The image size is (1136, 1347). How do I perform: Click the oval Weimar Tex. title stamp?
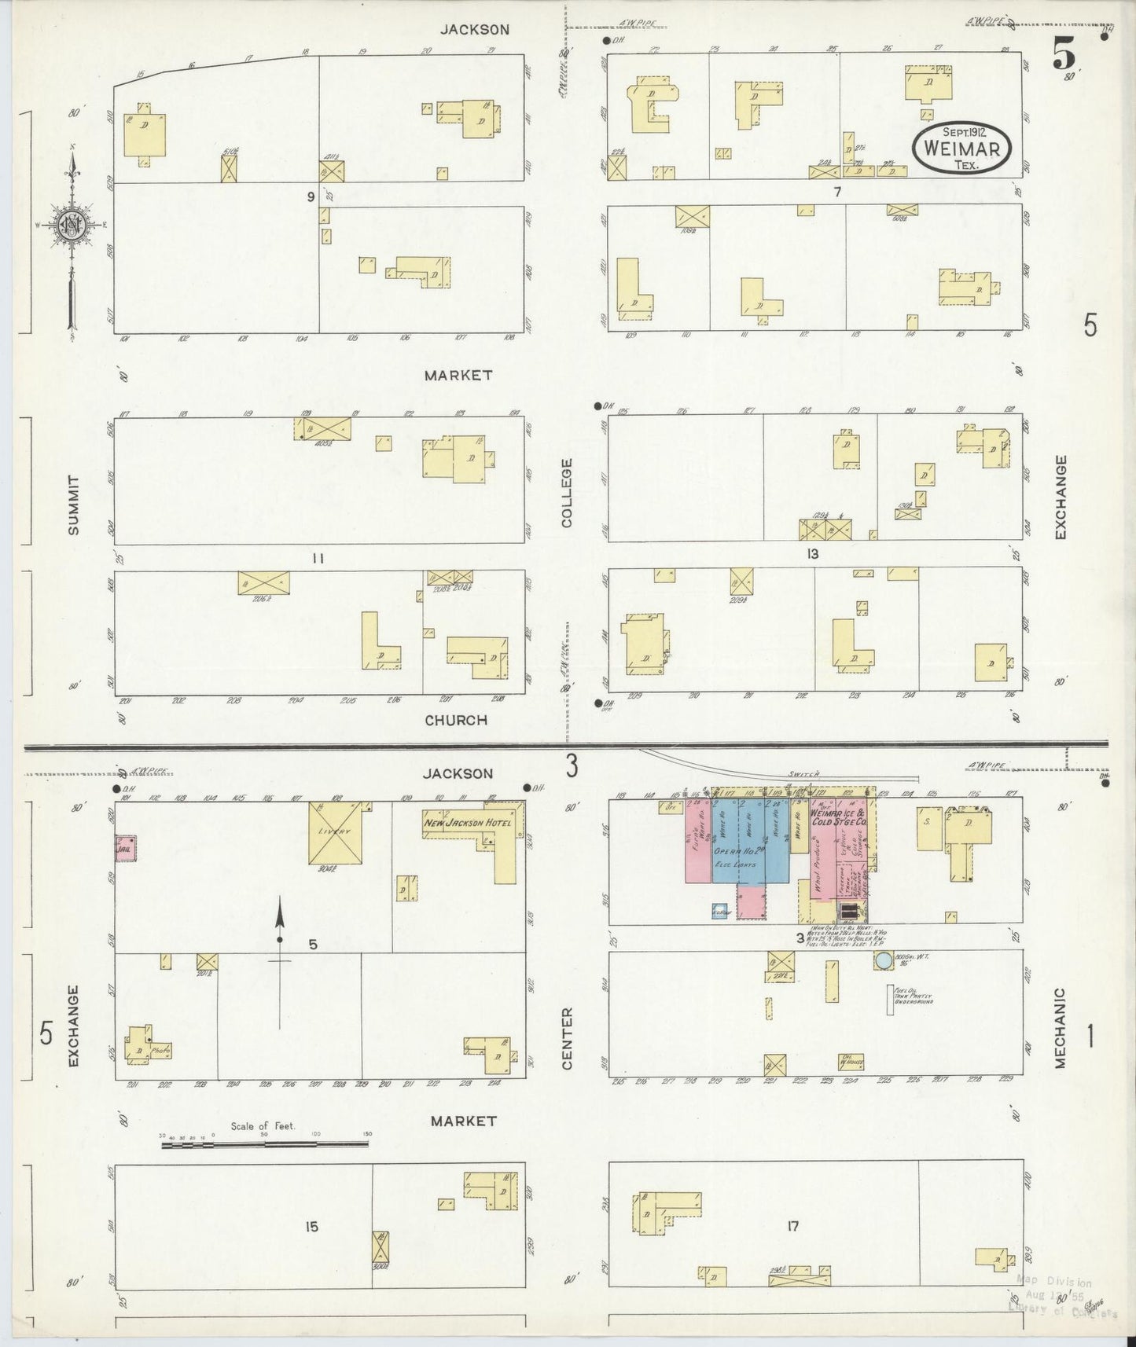point(961,148)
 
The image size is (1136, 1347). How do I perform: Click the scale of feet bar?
point(264,1145)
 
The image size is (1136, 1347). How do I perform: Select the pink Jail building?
point(125,849)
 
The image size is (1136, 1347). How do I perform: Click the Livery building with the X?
point(340,832)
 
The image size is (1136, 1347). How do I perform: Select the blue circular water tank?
point(883,960)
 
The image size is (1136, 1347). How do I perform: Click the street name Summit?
point(74,505)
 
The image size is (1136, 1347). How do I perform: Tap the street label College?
point(568,493)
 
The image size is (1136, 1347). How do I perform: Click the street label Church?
point(456,720)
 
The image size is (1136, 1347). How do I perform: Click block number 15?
point(311,1226)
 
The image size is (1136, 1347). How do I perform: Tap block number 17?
point(792,1226)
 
